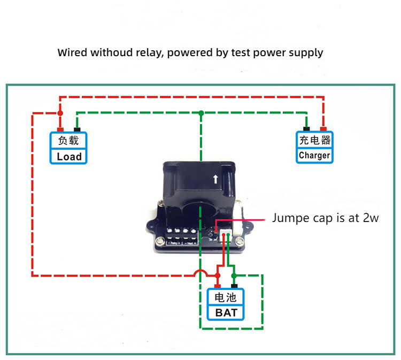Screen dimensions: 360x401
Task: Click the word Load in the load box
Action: pyautogui.click(x=69, y=156)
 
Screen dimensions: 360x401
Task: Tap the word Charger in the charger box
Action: pyautogui.click(x=314, y=156)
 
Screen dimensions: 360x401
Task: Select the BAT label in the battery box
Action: pyautogui.click(x=226, y=312)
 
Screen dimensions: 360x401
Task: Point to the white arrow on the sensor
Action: pyautogui.click(x=215, y=179)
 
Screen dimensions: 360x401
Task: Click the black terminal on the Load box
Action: pyautogui.click(x=77, y=129)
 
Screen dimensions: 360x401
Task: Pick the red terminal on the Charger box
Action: pyautogui.click(x=323, y=129)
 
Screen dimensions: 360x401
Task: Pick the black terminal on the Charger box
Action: pyautogui.click(x=306, y=129)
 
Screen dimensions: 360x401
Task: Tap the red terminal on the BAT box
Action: pyautogui.click(x=218, y=286)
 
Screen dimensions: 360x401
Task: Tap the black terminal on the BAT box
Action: pyautogui.click(x=234, y=286)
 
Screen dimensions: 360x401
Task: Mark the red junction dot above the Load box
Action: pyautogui.click(x=60, y=113)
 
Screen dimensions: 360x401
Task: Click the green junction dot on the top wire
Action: pyautogui.click(x=201, y=113)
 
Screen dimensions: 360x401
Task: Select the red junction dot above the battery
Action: pyautogui.click(x=218, y=275)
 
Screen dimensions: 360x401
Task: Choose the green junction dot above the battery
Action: pyautogui.click(x=234, y=275)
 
